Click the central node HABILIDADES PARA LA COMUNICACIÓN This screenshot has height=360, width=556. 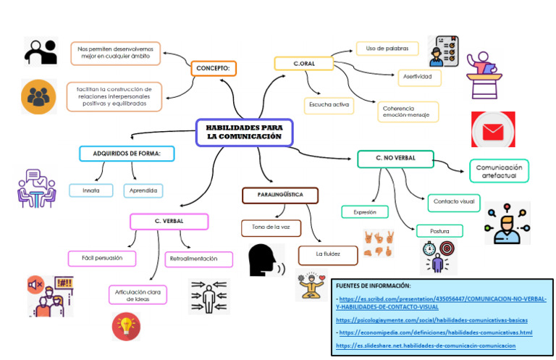244,133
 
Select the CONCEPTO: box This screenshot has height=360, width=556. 213,69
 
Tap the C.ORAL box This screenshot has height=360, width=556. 304,64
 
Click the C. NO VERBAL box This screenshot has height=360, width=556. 395,159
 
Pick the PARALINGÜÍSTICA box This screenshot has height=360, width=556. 279,196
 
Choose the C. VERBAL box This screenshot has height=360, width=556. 169,221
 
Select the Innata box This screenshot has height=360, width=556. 91,191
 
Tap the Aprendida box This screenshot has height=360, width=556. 143,191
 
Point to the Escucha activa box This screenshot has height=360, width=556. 329,106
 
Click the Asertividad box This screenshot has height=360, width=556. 418,76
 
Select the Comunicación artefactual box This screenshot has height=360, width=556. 499,171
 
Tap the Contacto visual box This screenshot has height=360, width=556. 452,201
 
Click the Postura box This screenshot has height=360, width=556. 439,231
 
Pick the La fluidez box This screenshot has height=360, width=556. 328,254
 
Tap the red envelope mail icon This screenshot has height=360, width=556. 493,130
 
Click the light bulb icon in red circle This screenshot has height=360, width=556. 126,326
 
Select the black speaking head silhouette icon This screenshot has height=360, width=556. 264,261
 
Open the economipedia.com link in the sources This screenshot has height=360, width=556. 435,332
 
